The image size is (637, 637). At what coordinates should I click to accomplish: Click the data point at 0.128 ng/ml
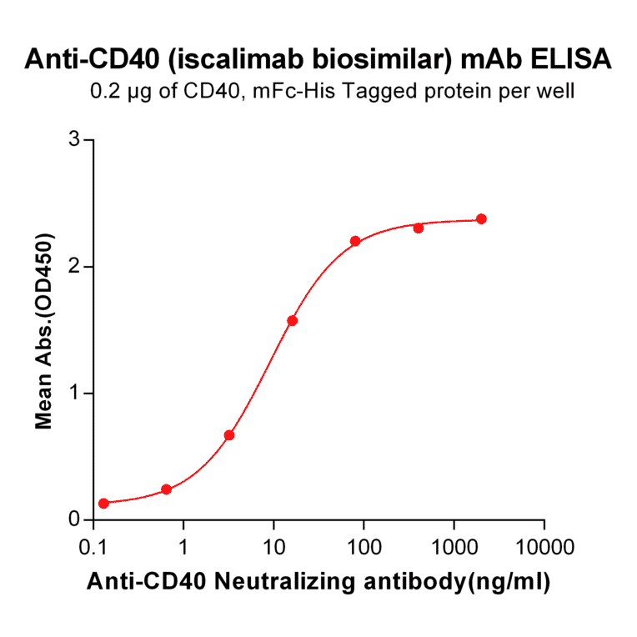[103, 503]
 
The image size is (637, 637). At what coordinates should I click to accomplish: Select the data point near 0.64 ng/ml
[166, 489]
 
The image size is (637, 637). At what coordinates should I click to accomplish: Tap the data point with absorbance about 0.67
[229, 435]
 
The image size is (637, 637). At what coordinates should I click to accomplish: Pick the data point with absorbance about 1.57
[292, 321]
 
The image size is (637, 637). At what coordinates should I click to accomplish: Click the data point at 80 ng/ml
[355, 241]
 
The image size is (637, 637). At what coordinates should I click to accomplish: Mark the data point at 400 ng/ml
[419, 228]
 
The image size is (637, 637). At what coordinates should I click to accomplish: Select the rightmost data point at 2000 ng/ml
[481, 218]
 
